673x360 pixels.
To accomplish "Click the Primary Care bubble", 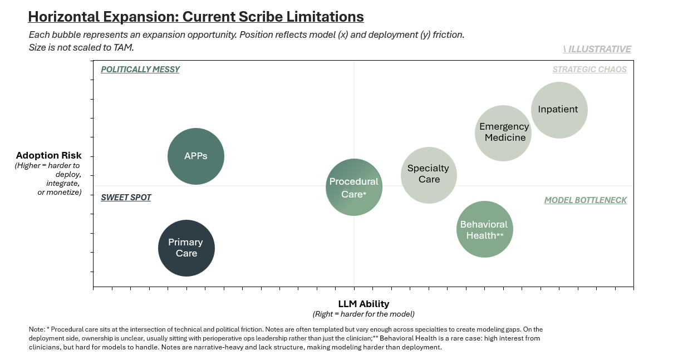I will pos(186,248).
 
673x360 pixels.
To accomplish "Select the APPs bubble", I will pos(196,156).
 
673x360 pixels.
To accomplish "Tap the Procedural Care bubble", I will pos(353,188).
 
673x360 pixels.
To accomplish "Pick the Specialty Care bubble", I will pos(429,175).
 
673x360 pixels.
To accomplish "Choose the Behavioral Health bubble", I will pos(484,229).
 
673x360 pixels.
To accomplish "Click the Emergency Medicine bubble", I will pos(503,133).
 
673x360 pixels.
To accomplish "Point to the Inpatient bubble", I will pos(559,110).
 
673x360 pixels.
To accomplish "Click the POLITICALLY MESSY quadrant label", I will pos(140,70).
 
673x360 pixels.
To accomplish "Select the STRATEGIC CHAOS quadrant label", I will pos(590,70).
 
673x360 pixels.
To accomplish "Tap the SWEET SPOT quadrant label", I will pos(126,198).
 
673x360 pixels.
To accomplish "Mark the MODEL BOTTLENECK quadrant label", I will pos(585,200).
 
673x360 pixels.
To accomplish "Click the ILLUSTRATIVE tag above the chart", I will pos(597,49).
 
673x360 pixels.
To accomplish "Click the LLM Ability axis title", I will pos(363,304).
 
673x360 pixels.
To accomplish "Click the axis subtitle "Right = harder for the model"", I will pos(363,314).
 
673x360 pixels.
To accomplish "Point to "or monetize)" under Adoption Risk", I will pos(60,192).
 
